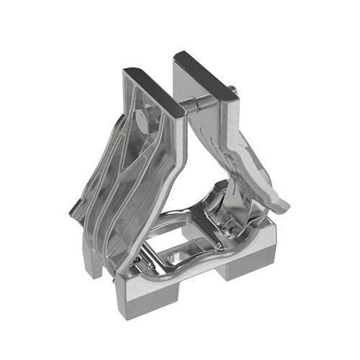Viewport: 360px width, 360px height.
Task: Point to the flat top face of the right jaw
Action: (x=205, y=73)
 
